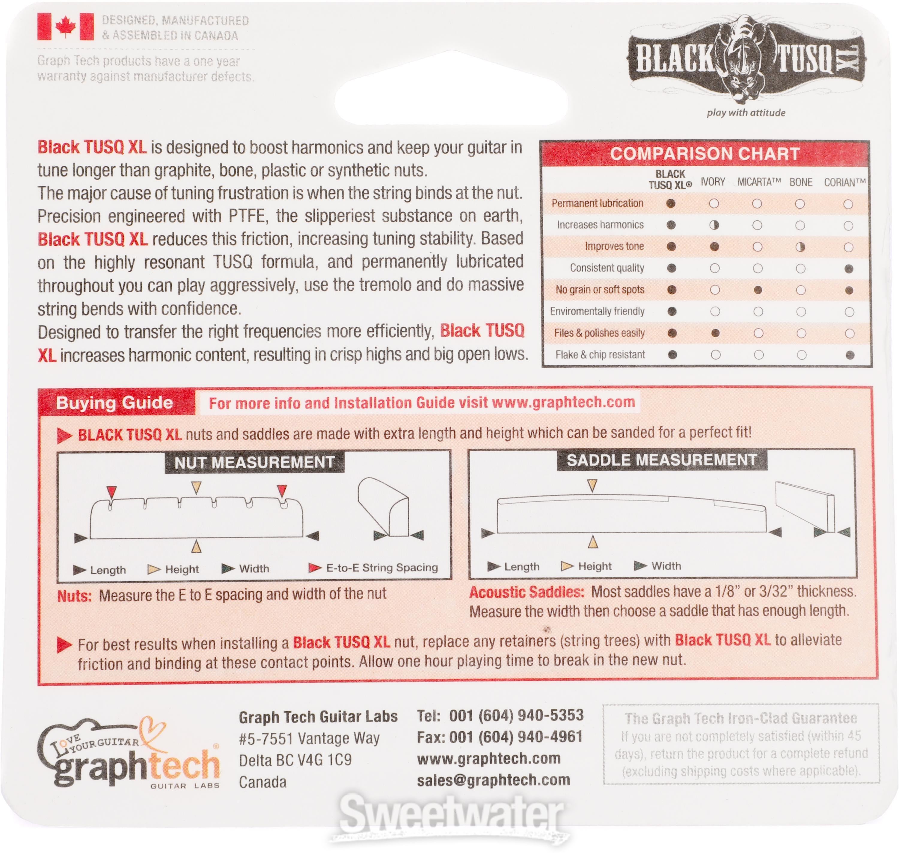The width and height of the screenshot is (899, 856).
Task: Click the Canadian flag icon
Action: pyautogui.click(x=66, y=27)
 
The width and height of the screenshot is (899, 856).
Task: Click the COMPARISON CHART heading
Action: pyautogui.click(x=705, y=154)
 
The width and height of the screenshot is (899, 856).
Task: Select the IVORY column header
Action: pyautogui.click(x=713, y=182)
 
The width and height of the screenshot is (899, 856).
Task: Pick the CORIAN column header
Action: pyautogui.click(x=845, y=182)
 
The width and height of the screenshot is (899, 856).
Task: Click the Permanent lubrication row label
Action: pyautogui.click(x=597, y=203)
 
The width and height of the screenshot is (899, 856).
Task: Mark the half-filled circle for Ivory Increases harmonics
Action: pyautogui.click(x=714, y=225)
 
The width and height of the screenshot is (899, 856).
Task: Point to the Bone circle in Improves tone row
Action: pyautogui.click(x=800, y=247)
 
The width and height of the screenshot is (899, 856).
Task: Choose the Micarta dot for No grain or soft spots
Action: pyautogui.click(x=758, y=290)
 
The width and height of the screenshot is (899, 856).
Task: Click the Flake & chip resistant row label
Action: pyautogui.click(x=600, y=355)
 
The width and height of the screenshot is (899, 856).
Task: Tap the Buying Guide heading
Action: pyautogui.click(x=114, y=403)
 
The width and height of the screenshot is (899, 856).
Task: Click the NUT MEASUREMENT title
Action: pyautogui.click(x=255, y=462)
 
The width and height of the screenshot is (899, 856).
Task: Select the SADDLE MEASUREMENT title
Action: pyautogui.click(x=662, y=460)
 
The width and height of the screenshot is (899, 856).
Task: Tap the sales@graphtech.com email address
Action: pyautogui.click(x=493, y=780)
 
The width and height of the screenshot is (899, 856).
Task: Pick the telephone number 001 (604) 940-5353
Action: pyautogui.click(x=516, y=715)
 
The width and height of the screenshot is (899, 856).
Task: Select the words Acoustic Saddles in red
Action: pyautogui.click(x=527, y=592)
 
